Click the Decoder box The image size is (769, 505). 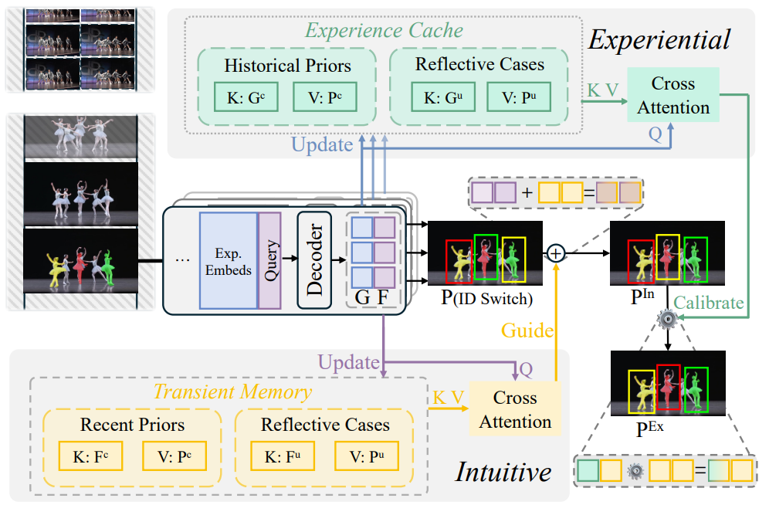(313, 260)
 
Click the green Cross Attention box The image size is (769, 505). (673, 95)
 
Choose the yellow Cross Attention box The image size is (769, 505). (515, 410)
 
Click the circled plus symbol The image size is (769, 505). (556, 252)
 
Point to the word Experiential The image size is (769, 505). (659, 39)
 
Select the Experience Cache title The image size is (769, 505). (384, 31)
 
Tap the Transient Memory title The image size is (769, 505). (232, 391)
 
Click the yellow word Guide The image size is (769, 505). (527, 330)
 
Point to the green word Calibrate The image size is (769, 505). (710, 303)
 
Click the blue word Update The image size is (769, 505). (322, 144)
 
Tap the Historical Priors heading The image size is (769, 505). (287, 66)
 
